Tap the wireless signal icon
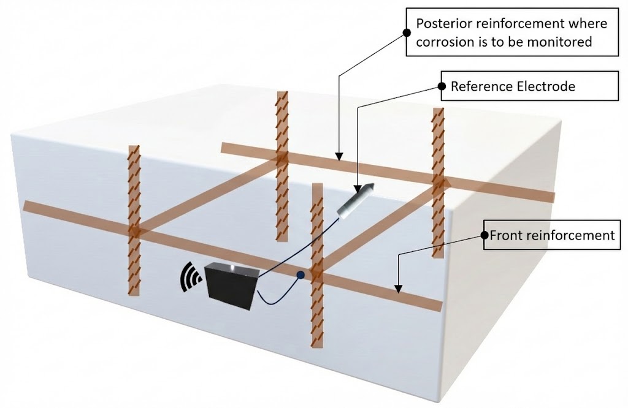point(190,278)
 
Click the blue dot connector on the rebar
point(301,276)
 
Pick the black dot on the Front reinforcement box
point(484,235)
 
